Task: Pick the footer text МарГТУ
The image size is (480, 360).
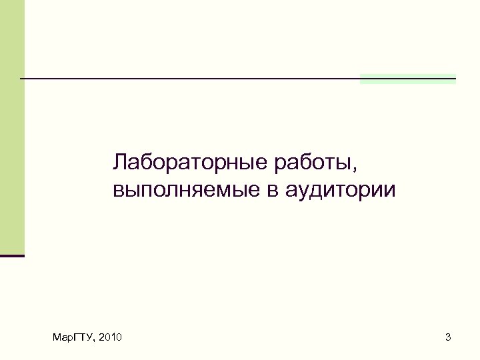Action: pos(73,339)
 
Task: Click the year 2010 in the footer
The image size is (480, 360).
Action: pos(110,339)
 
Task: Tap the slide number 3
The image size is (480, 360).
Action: pos(448,339)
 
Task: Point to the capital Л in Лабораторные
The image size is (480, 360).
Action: pos(121,162)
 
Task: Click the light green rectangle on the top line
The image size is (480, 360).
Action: pos(407,79)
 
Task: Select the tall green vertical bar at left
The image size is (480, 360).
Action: pos(12,127)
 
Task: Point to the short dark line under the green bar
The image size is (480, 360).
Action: pos(12,255)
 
